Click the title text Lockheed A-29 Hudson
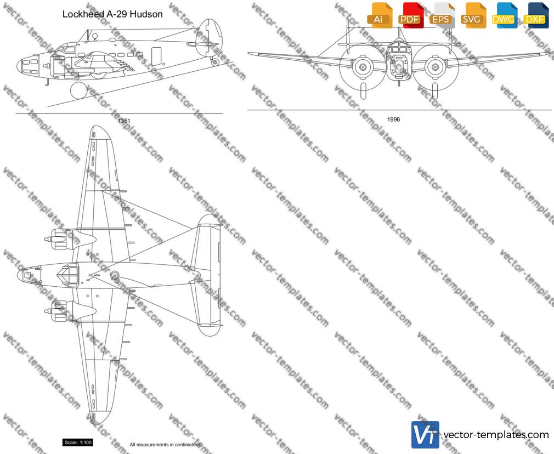tap(112, 14)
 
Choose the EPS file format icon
tap(442, 15)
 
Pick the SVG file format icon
tap(473, 15)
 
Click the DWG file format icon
tap(504, 15)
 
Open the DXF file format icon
tap(536, 15)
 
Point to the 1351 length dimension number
tap(124, 121)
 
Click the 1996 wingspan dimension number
tap(393, 120)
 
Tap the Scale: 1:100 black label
tap(78, 442)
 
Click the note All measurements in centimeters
tap(165, 445)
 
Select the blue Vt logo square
tap(425, 435)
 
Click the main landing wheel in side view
tap(79, 91)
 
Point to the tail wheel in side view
tap(215, 62)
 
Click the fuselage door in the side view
tap(156, 56)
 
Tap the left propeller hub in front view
tap(363, 66)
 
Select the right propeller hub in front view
tap(435, 66)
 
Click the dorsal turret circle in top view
tap(115, 275)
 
